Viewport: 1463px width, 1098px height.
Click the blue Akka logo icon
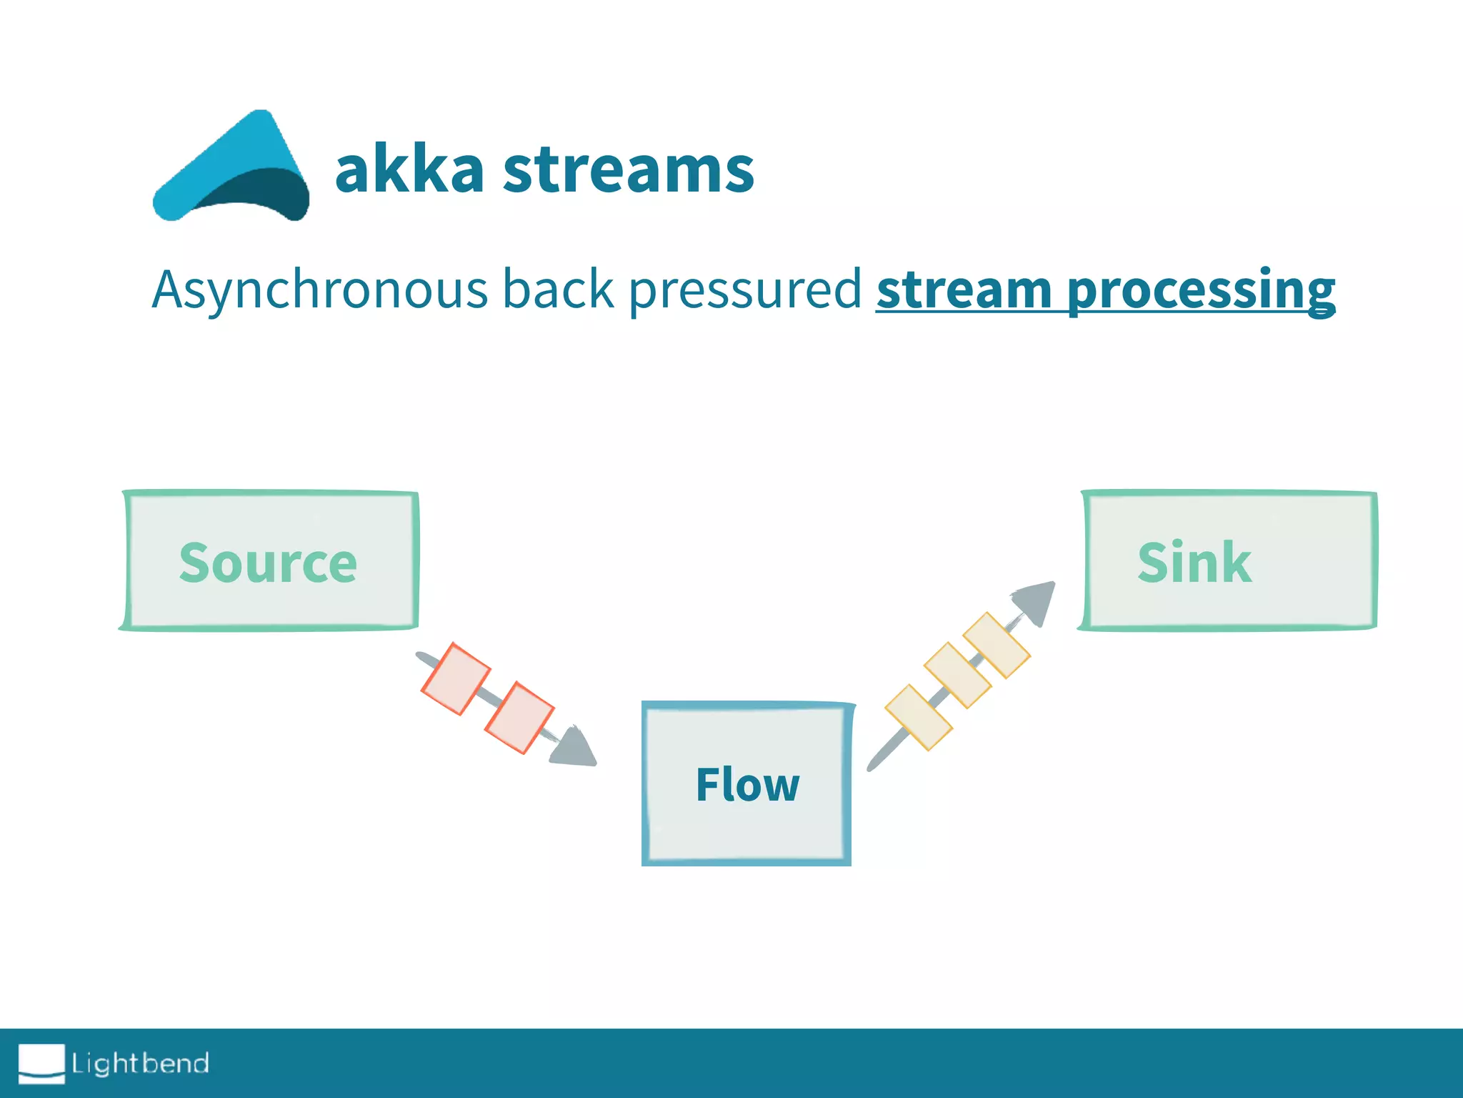(232, 168)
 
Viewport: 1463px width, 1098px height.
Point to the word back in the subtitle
(558, 290)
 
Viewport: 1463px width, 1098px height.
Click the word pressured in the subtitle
(744, 290)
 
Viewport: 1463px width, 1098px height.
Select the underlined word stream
(964, 290)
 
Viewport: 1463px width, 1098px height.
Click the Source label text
(268, 563)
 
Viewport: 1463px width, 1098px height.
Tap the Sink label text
(1194, 563)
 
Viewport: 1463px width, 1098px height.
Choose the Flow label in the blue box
(747, 785)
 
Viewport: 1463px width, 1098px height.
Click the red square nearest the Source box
(456, 678)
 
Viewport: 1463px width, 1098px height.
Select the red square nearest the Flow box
(519, 718)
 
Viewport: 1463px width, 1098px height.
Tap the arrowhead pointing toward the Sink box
(1036, 600)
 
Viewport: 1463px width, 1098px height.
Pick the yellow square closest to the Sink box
(997, 645)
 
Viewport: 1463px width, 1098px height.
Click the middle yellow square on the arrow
(958, 675)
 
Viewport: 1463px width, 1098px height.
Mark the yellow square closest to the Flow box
(919, 717)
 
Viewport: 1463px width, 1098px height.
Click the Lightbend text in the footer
(141, 1063)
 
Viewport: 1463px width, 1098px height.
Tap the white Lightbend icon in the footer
(41, 1063)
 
